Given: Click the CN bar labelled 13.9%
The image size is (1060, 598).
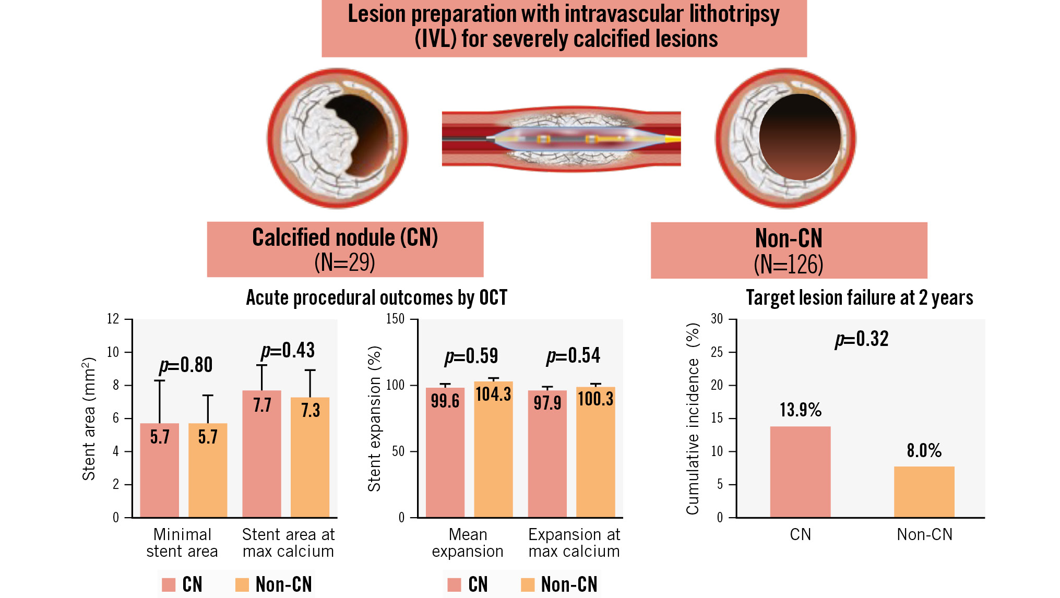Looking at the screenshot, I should click(800, 472).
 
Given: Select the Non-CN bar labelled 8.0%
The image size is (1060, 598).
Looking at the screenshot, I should click(924, 492).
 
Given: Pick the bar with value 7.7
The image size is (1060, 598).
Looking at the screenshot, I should click(261, 453).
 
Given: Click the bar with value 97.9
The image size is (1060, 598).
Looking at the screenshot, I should click(547, 453).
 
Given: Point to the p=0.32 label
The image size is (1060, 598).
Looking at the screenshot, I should click(862, 339).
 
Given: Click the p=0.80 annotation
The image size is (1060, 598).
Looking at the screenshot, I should click(186, 365).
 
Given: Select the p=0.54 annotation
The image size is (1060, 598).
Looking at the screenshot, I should click(573, 356).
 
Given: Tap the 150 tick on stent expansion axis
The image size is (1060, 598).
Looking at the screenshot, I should click(395, 319).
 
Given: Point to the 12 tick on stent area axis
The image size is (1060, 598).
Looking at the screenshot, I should click(113, 319).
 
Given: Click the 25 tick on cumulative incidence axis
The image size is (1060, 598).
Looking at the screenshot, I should click(717, 352).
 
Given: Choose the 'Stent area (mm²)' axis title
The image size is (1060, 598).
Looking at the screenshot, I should click(89, 418).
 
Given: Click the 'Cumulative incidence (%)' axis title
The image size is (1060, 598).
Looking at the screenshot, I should click(693, 418).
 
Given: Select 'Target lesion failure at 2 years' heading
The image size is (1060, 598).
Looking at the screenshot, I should click(859, 298).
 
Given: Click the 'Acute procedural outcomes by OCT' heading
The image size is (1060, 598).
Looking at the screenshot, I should click(376, 298).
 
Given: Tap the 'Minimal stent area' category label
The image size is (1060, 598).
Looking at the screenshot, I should click(182, 543).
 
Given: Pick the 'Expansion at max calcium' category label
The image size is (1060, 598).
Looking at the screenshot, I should click(574, 543).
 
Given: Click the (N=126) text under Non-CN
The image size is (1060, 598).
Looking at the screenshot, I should click(788, 265).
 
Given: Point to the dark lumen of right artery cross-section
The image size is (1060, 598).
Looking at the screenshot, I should click(800, 137).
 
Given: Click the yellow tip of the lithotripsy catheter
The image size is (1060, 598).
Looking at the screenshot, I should click(673, 139).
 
